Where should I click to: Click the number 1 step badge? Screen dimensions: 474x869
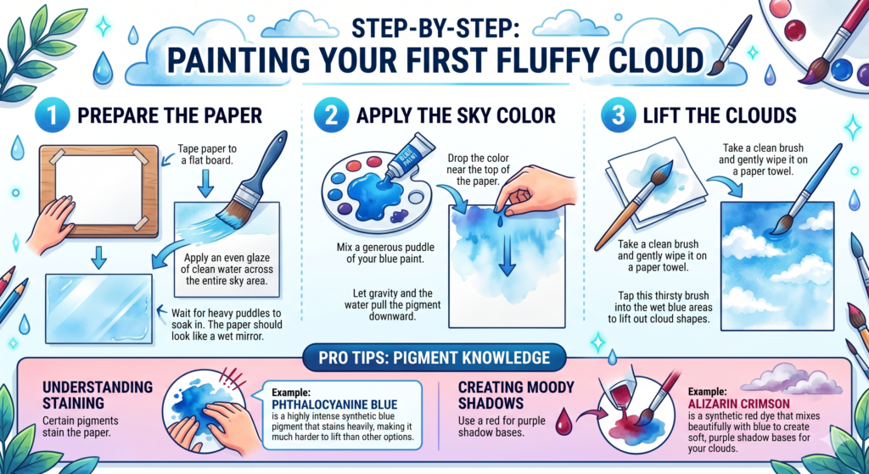click(55, 115)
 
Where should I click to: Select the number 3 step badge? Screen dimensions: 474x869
click(614, 115)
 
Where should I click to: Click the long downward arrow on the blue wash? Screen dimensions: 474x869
click(506, 249)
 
